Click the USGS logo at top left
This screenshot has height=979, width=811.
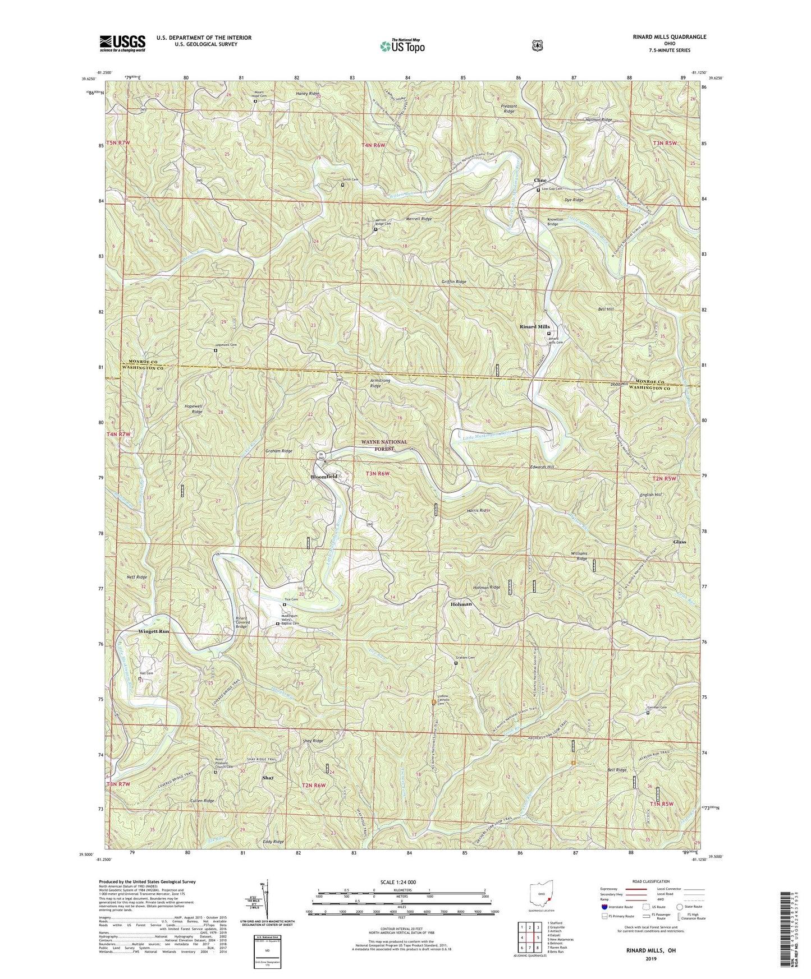pyautogui.click(x=122, y=43)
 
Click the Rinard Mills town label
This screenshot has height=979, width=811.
pyautogui.click(x=534, y=326)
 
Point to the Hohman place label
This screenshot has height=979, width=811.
pyautogui.click(x=461, y=604)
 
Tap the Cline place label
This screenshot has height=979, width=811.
pyautogui.click(x=540, y=180)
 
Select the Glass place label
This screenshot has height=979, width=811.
pyautogui.click(x=679, y=542)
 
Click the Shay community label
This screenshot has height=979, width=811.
pyautogui.click(x=268, y=778)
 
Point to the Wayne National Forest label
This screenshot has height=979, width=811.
pyautogui.click(x=384, y=445)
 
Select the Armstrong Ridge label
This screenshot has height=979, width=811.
pyautogui.click(x=375, y=383)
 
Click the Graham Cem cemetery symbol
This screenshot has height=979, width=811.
pyautogui.click(x=456, y=663)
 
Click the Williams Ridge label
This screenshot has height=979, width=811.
pyautogui.click(x=579, y=556)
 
